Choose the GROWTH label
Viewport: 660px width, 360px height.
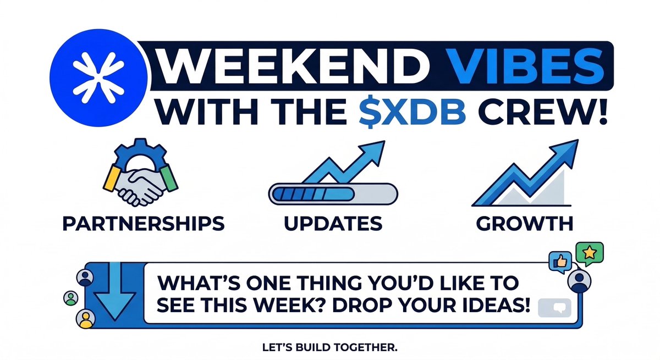(524, 224)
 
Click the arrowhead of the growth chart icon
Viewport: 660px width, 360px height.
(566, 148)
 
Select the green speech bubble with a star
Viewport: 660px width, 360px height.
(589, 253)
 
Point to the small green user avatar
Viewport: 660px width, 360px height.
(71, 298)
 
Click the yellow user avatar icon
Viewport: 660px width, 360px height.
(85, 318)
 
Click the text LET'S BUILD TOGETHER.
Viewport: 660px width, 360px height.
(329, 348)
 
